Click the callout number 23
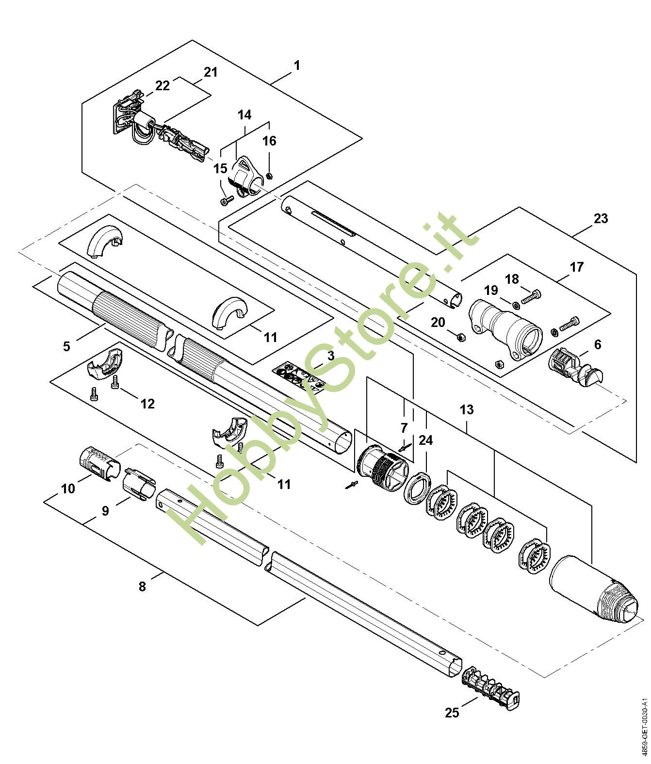coord(601,218)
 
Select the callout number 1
coord(296,65)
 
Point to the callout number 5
coord(66,346)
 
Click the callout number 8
coord(142,586)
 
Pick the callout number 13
coord(467,409)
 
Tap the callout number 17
coord(577,266)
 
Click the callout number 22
coord(163,85)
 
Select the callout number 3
coord(331,356)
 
